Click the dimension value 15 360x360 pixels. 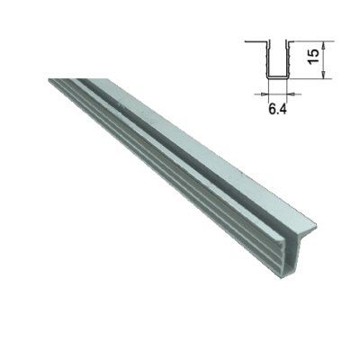pyautogui.click(x=313, y=56)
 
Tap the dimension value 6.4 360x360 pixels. pyautogui.click(x=277, y=110)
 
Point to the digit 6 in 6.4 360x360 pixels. pyautogui.click(x=272, y=110)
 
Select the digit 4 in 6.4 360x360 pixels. pyautogui.click(x=283, y=110)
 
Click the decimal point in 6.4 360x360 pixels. pyautogui.click(x=278, y=113)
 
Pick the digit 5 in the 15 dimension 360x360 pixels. pyautogui.click(x=313, y=53)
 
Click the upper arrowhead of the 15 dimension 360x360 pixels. pyautogui.click(x=323, y=46)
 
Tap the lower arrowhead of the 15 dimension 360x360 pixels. pyautogui.click(x=323, y=75)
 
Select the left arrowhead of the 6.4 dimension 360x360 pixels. pyautogui.click(x=265, y=94)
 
